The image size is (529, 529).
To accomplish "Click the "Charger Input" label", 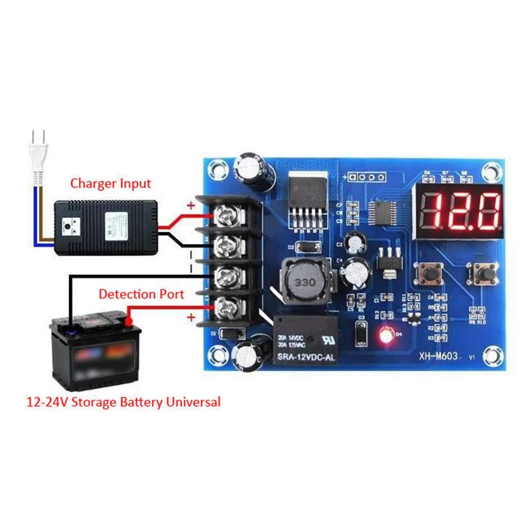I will pyautogui.click(x=110, y=183).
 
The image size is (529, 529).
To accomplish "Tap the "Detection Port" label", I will pyautogui.click(x=141, y=294).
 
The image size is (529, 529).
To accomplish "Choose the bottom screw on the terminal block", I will pyautogui.click(x=228, y=305).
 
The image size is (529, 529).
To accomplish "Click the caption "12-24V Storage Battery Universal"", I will pyautogui.click(x=124, y=402).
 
